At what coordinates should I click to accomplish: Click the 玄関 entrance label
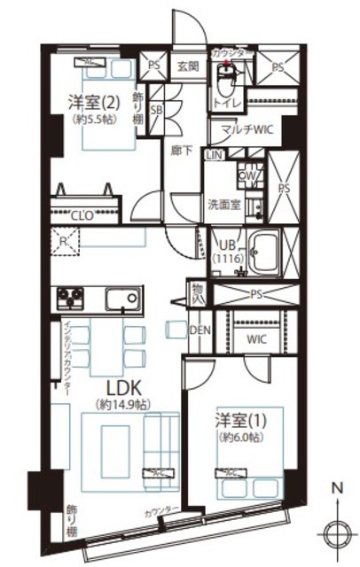pyautogui.click(x=186, y=66)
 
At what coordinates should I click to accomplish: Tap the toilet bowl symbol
pyautogui.click(x=224, y=86)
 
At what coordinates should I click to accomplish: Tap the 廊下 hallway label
pyautogui.click(x=181, y=151)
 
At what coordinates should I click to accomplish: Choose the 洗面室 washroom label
pyautogui.click(x=224, y=204)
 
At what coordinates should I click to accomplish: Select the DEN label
pyautogui.click(x=200, y=330)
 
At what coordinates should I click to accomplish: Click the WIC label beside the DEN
pyautogui.click(x=255, y=338)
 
